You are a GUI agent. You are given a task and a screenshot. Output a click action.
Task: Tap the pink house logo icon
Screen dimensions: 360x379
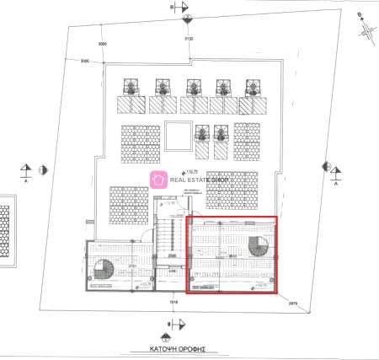157,179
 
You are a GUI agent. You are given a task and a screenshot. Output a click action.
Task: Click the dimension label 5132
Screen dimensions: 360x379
189,38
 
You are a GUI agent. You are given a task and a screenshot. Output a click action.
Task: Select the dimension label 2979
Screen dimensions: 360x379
293,303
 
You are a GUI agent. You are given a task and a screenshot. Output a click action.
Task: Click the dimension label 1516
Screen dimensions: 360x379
173,301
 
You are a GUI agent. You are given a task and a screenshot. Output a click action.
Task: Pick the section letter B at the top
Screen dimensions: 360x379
172,7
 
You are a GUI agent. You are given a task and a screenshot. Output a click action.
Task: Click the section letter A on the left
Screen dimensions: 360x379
26,180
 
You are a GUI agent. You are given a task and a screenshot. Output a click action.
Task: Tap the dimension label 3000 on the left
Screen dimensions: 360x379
85,61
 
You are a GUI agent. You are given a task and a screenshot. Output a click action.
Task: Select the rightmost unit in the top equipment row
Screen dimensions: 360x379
251,87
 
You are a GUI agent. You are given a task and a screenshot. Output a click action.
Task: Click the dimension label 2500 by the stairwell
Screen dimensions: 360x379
171,255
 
